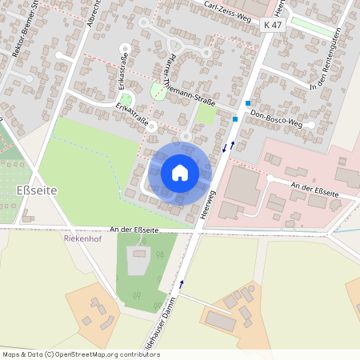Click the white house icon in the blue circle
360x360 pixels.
click(180, 172)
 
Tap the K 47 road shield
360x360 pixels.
click(273, 26)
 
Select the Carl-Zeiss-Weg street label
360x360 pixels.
click(226, 7)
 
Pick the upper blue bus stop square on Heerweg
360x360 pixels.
click(249, 103)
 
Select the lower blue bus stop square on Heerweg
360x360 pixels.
click(235, 118)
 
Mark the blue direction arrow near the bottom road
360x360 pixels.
click(182, 283)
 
